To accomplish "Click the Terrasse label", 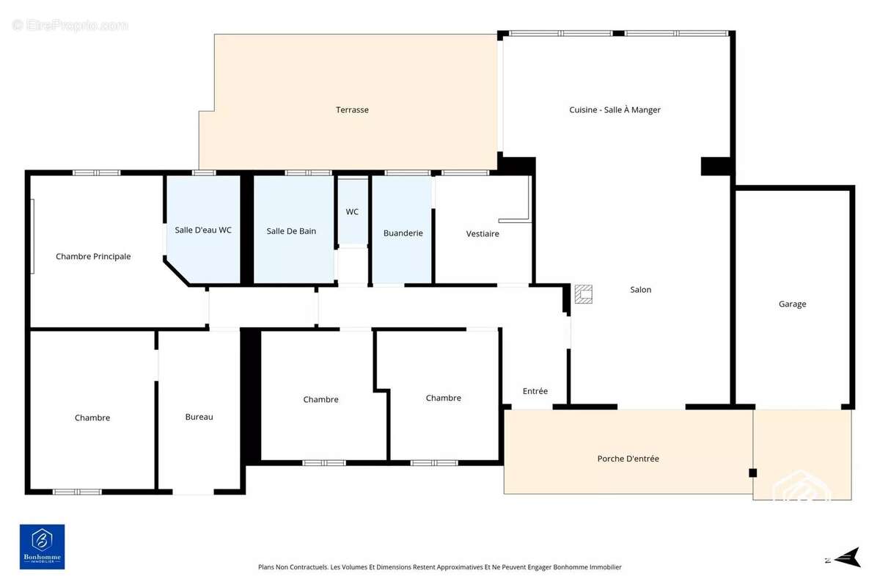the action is pyautogui.click(x=352, y=109).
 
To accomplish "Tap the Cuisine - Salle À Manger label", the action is pyautogui.click(x=615, y=109).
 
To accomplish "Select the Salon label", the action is pyautogui.click(x=641, y=290).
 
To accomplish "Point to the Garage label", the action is pyautogui.click(x=793, y=304).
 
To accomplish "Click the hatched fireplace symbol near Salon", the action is pyautogui.click(x=584, y=294).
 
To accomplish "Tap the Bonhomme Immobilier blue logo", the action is pyautogui.click(x=43, y=547).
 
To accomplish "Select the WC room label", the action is pyautogui.click(x=352, y=212).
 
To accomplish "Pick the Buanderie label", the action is pyautogui.click(x=403, y=233).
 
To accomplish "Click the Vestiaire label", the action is pyautogui.click(x=483, y=234).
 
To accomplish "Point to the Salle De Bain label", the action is pyautogui.click(x=291, y=231).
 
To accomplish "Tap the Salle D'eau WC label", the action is pyautogui.click(x=203, y=230).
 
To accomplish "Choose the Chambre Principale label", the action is pyautogui.click(x=93, y=257).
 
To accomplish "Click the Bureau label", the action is pyautogui.click(x=199, y=417).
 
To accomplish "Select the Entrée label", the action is pyautogui.click(x=535, y=391).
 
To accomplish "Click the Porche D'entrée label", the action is pyautogui.click(x=628, y=459).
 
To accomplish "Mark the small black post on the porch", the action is pyautogui.click(x=752, y=473).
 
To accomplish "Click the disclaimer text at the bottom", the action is pyautogui.click(x=439, y=567).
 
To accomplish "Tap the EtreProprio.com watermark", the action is pyautogui.click(x=70, y=25).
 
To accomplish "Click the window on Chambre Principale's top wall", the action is pyautogui.click(x=97, y=172).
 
